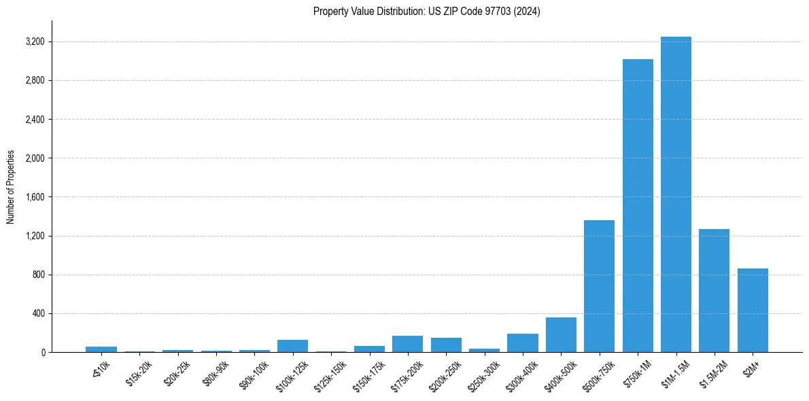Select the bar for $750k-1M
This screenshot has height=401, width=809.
[638, 205]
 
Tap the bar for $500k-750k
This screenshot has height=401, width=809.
[599, 286]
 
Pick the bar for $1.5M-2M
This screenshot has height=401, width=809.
[714, 290]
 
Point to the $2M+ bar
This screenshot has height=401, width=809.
[753, 310]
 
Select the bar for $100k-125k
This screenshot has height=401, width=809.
[292, 346]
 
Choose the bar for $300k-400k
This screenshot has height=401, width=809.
[522, 343]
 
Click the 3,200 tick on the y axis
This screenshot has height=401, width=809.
[34, 42]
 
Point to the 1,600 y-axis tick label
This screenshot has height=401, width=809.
[34, 197]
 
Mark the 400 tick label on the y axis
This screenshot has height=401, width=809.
[37, 313]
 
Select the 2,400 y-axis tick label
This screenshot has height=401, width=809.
[34, 120]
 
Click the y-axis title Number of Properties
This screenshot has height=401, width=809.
[11, 186]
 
